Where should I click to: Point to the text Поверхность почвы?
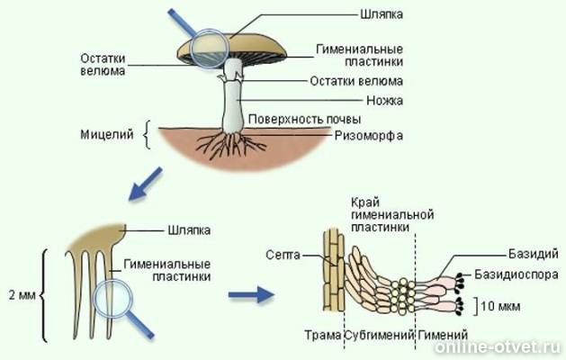click(305, 119)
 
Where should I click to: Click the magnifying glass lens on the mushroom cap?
click(210, 46)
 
